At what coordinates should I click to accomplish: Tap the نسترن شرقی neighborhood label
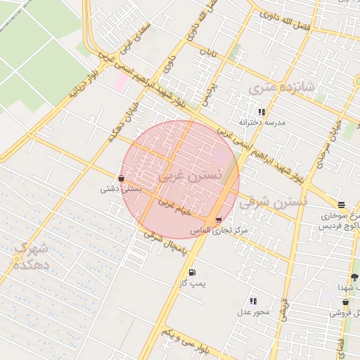pyautogui.click(x=274, y=202)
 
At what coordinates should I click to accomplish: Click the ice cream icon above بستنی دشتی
pyautogui.click(x=122, y=179)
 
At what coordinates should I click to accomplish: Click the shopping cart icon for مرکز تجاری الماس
pyautogui.click(x=219, y=220)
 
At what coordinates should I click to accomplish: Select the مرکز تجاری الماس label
pyautogui.click(x=219, y=231)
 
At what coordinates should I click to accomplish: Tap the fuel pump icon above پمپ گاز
pyautogui.click(x=192, y=272)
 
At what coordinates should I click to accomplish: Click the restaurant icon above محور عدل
pyautogui.click(x=253, y=301)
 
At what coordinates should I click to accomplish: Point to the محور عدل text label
pyautogui.click(x=248, y=311)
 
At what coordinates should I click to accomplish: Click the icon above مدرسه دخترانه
pyautogui.click(x=262, y=112)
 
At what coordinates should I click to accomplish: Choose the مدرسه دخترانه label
pyautogui.click(x=262, y=122)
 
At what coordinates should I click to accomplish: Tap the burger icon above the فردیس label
pyautogui.click(x=341, y=205)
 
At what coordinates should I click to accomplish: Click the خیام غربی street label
pyautogui.click(x=174, y=206)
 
